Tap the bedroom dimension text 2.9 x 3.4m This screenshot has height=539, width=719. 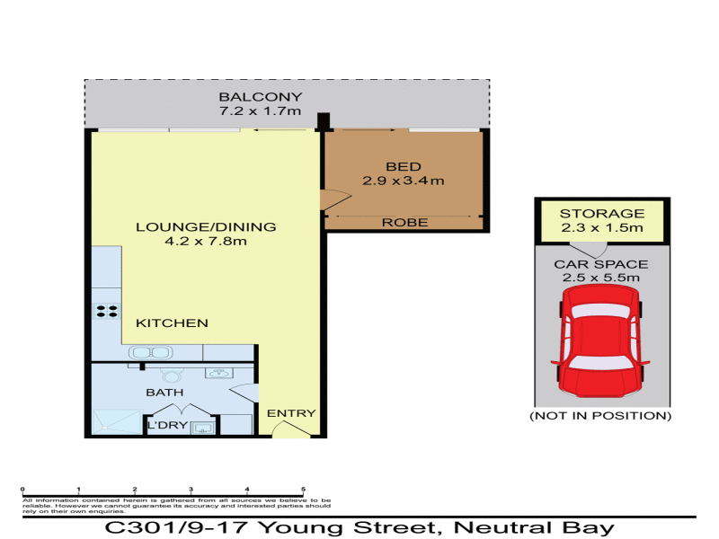(403, 181)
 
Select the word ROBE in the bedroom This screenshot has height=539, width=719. (404, 222)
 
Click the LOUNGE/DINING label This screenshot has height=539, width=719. (206, 226)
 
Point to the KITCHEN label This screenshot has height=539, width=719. (173, 323)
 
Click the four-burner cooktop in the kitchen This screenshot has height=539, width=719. (107, 312)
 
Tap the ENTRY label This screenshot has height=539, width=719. (292, 413)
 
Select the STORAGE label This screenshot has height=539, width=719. (602, 214)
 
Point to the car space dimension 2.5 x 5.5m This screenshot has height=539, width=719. (601, 278)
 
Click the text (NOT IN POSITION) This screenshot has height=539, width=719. (600, 416)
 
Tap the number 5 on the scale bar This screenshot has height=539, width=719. (304, 489)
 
